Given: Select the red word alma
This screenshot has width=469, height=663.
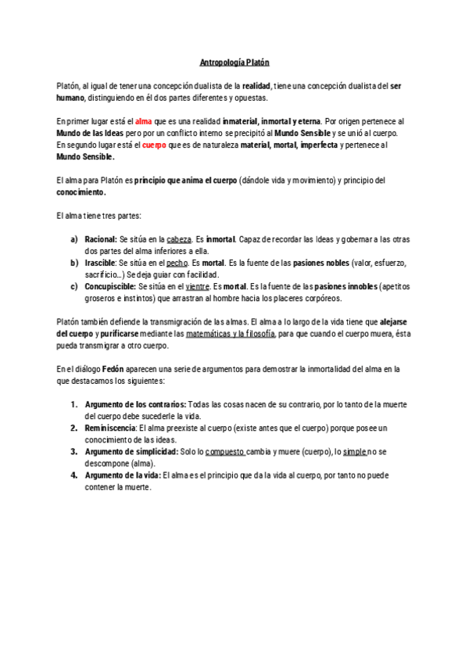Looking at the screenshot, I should (144, 122).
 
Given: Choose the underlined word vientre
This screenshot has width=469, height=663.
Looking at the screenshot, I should (197, 286).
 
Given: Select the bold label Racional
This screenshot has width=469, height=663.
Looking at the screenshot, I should (100, 239).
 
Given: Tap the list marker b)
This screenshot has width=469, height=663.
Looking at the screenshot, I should (74, 263).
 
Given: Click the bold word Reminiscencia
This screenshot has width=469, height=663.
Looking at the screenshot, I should (109, 428).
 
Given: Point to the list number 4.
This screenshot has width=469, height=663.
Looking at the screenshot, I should (74, 475).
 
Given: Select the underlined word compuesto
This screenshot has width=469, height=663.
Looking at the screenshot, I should (224, 451).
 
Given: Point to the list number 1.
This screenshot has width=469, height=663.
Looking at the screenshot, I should (74, 404).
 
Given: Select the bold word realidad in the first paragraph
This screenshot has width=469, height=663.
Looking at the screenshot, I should (257, 85).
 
